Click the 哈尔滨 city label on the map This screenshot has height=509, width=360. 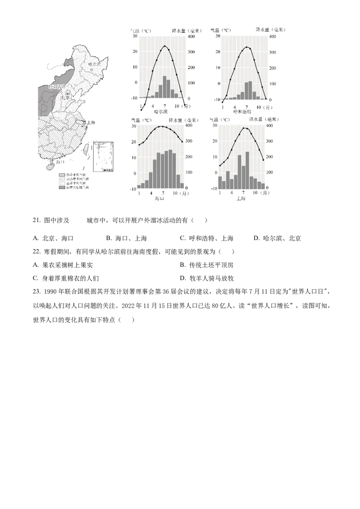94,65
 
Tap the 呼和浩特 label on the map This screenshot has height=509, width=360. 57,86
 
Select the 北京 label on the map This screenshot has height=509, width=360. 66,97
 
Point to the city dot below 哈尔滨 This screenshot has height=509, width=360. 91,69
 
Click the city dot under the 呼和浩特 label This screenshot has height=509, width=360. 55,90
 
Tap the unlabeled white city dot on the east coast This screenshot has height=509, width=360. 84,122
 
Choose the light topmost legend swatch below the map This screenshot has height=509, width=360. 61,174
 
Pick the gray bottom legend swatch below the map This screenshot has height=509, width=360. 61,188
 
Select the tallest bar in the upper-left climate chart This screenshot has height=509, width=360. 165,87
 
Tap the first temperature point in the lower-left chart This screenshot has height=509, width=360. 139,145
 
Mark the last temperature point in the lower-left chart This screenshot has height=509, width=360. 182,142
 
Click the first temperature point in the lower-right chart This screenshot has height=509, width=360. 220,166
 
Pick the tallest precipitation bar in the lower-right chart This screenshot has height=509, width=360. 247,170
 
